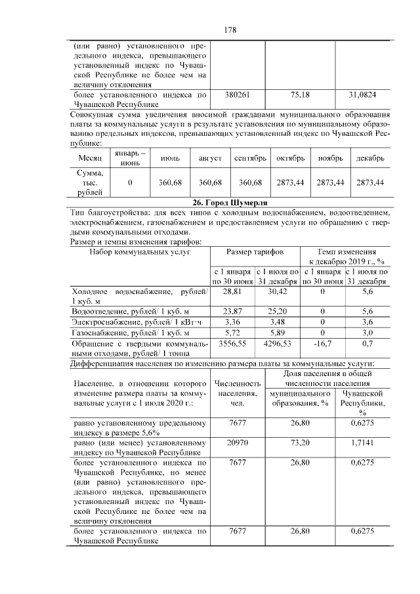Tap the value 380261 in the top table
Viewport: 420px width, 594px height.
click(237, 95)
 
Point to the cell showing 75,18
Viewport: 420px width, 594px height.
click(300, 95)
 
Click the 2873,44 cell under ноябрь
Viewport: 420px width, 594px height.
click(330, 182)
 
